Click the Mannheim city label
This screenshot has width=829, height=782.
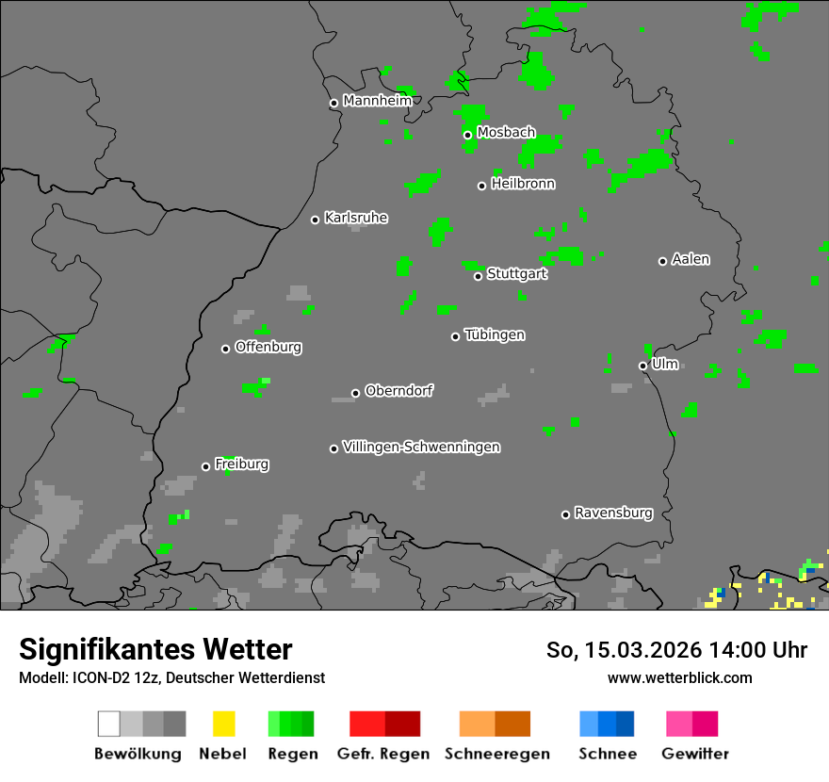pos(377,101)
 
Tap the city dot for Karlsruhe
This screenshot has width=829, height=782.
pos(316,220)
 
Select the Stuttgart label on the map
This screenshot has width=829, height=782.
pos(516,274)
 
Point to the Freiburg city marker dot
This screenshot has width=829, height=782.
pos(205,466)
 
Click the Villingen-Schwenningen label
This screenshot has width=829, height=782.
pos(421,447)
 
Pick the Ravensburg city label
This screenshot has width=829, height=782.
pos(613,513)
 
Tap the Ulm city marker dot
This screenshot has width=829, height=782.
pos(642,366)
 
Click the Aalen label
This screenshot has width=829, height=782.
pos(691,259)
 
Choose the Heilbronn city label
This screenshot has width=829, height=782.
pos(523,184)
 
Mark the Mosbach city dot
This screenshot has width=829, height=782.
pos(467,135)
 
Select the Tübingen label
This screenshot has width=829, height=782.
pos(495,334)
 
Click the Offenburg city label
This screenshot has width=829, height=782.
pos(268,347)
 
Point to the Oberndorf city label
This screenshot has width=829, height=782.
pos(398,391)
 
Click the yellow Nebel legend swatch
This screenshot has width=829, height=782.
pos(223,724)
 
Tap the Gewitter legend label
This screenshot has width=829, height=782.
pos(695,754)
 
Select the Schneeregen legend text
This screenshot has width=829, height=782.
pos(497,754)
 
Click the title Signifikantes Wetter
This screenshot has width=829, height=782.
pos(155,649)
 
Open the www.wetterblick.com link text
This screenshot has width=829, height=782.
pos(679,677)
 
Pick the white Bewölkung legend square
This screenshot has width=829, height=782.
pos(109,724)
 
